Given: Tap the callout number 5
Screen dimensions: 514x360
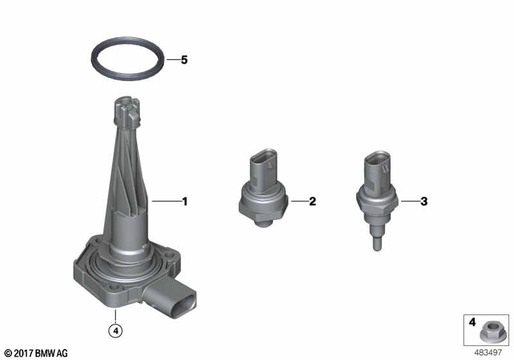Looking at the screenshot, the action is tap(184, 60).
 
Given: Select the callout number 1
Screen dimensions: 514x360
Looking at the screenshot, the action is tap(185, 201).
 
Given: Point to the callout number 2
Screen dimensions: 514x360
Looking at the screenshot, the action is tap(312, 201).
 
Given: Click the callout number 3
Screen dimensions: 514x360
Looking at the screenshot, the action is tap(424, 201).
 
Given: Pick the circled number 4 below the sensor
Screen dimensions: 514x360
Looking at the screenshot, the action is tap(116, 331).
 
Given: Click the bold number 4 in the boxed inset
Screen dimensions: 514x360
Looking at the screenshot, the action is tap(472, 322).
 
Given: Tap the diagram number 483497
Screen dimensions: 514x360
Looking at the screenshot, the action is tap(488, 353).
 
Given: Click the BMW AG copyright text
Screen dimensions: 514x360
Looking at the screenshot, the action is tap(36, 353).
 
